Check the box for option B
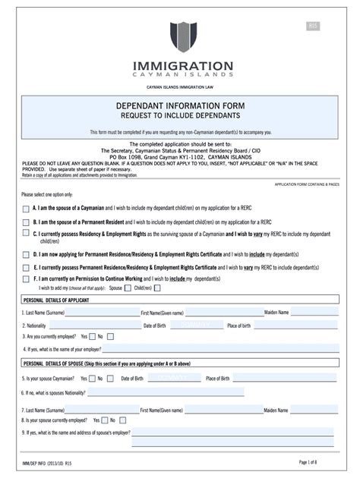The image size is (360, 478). coord(27,222)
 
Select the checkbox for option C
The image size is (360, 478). coord(27,235)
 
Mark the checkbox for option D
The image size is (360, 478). coord(27,255)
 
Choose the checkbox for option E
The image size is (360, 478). coord(27,268)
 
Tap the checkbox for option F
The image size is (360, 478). coord(27,279)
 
